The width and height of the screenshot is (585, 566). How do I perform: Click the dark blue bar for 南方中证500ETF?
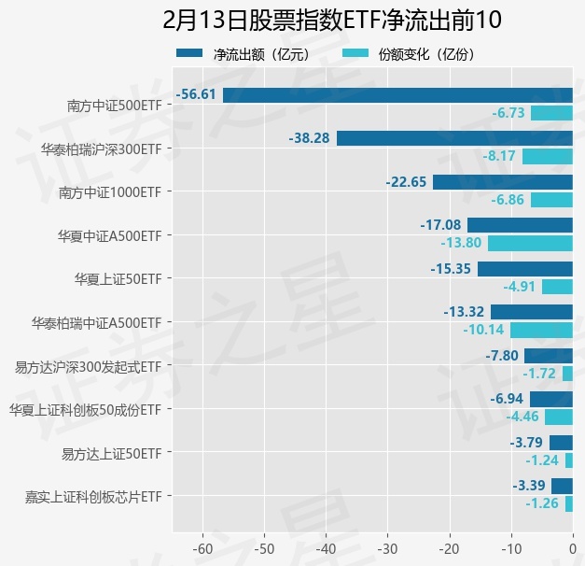[x=397, y=94]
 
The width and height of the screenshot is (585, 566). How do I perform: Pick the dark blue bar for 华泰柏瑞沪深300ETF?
[x=454, y=138]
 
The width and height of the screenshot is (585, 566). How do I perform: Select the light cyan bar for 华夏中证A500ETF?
[x=530, y=243]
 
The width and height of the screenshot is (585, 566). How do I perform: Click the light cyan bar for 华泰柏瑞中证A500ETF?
[x=541, y=330]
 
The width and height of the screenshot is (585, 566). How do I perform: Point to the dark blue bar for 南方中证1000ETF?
[x=503, y=182]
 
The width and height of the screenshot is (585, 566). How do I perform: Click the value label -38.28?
[x=310, y=138]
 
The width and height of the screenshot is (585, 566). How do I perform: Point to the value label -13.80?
[x=461, y=243]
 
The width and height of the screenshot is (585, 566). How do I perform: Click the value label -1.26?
[x=542, y=503]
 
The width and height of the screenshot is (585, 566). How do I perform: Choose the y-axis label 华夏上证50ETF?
[x=118, y=279]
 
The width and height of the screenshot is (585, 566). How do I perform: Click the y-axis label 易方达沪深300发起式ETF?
[x=89, y=366]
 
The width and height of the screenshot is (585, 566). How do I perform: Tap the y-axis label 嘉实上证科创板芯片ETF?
[x=93, y=496]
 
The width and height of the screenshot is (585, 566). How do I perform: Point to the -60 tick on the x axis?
[x=202, y=548]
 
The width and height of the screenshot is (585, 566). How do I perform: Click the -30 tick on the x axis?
[x=387, y=548]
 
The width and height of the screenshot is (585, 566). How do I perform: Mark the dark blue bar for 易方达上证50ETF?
[x=561, y=443]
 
